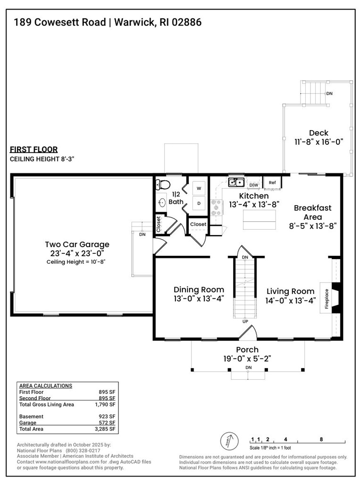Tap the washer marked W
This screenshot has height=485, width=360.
[x=199, y=188]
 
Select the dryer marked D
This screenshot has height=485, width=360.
[x=199, y=203]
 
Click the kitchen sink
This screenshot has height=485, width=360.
[x=235, y=182]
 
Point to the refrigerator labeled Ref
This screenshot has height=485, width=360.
[x=272, y=182]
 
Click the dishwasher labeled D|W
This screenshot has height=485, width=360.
[x=254, y=184]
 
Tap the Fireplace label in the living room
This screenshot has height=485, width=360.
[x=326, y=299]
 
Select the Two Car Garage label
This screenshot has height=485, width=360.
[x=77, y=244]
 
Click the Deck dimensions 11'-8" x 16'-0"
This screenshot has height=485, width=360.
[x=318, y=141]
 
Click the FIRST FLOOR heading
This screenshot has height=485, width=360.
[x=33, y=150]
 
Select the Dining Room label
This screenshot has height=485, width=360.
[x=199, y=290]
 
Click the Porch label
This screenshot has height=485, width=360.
[x=247, y=350]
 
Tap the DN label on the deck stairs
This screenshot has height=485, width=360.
[x=329, y=93]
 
